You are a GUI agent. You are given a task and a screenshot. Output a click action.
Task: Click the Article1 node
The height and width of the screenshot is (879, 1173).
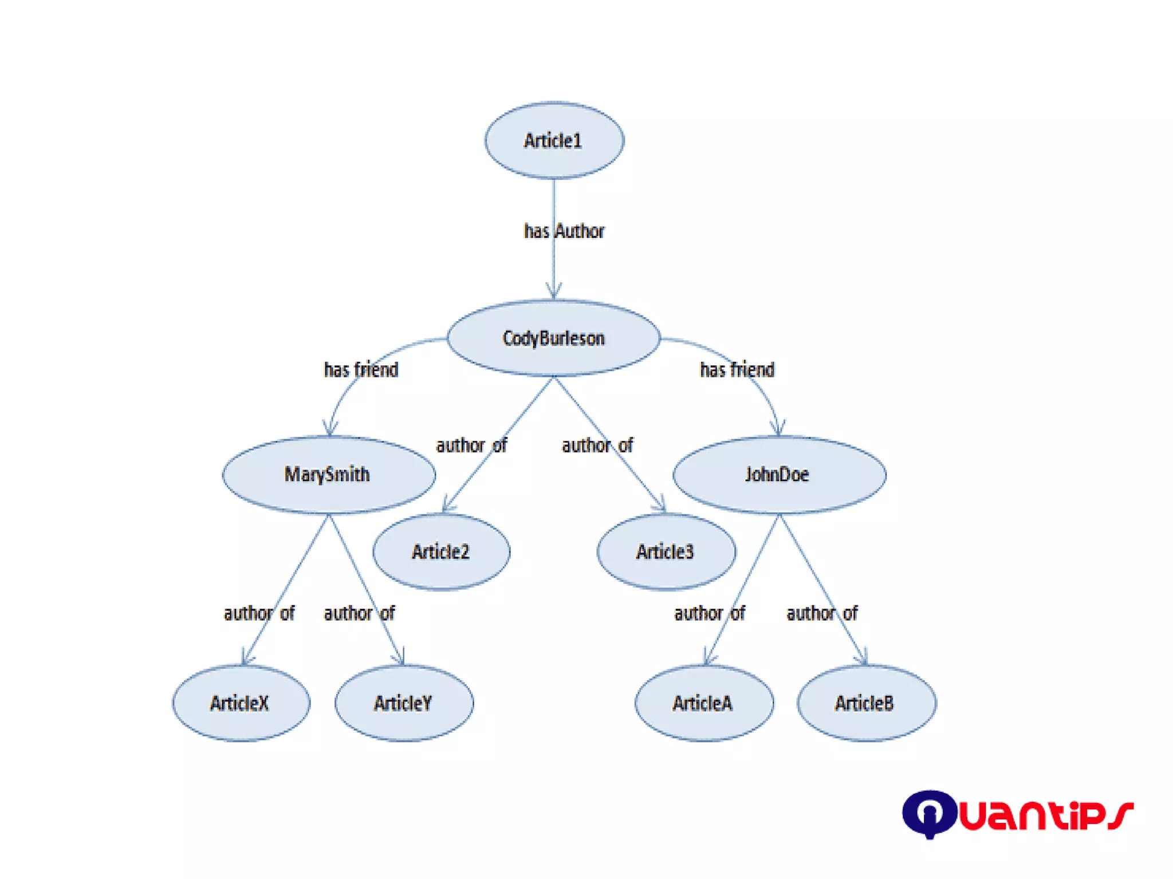(554, 140)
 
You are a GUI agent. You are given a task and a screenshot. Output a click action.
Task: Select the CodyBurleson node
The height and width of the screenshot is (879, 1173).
(553, 338)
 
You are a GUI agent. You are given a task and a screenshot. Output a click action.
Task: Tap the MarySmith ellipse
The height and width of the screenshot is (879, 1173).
(328, 474)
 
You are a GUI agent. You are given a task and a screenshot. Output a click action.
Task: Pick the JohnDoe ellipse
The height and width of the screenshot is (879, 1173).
(778, 474)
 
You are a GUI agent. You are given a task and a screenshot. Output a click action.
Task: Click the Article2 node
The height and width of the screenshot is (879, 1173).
(441, 551)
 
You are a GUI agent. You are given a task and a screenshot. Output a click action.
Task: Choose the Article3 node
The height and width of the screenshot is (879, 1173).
(666, 551)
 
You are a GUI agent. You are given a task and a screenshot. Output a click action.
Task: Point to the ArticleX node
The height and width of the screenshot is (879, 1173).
(241, 703)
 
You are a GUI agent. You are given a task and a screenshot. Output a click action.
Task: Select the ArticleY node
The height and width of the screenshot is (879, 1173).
(404, 703)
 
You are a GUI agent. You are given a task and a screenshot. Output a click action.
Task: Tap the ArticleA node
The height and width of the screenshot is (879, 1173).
(703, 703)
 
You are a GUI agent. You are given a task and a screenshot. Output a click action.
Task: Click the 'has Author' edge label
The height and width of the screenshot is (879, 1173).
(564, 231)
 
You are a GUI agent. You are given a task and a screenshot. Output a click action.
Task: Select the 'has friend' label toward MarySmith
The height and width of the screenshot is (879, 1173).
(361, 370)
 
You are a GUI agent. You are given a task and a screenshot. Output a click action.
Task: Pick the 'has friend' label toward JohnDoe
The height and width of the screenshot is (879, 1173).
(737, 370)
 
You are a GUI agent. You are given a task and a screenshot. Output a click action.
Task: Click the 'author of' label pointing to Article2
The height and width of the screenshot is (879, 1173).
(471, 445)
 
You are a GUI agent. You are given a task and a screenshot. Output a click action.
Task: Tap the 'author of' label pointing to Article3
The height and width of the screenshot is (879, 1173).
(597, 445)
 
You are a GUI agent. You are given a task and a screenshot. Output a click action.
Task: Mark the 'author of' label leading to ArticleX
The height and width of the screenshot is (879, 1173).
(259, 613)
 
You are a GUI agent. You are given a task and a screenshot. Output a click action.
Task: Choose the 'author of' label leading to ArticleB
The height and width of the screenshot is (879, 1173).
(822, 613)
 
